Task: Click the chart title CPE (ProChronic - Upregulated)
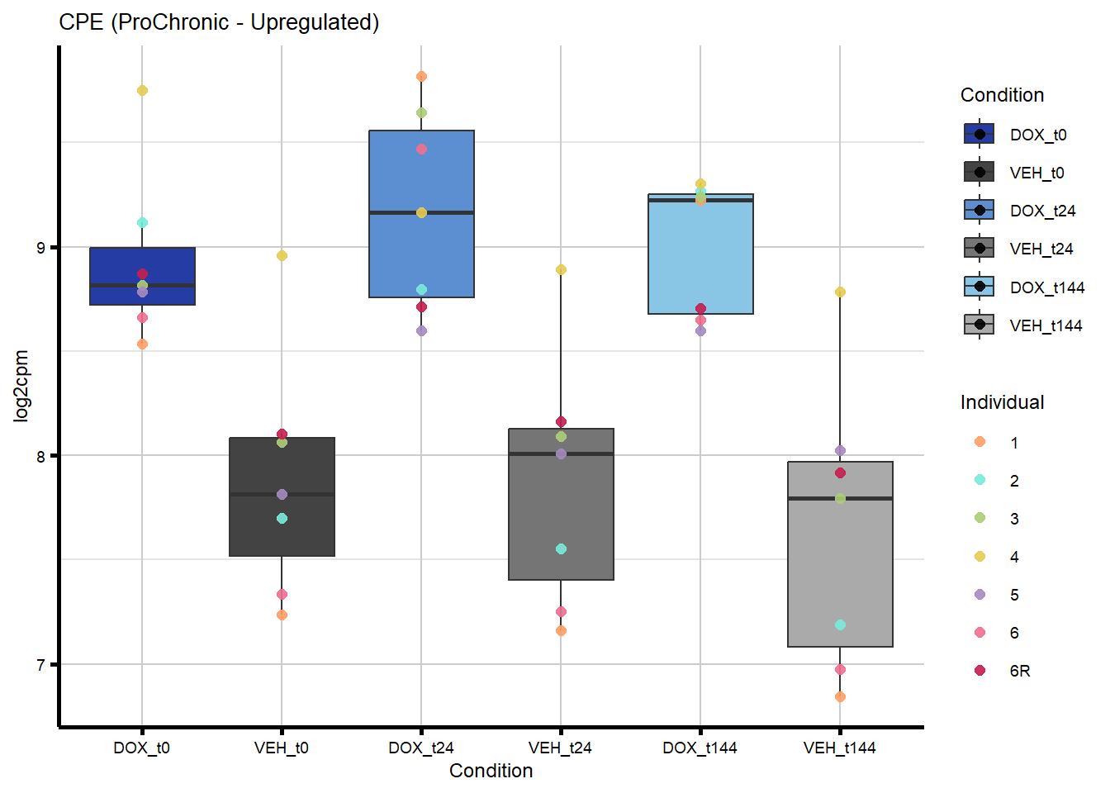tap(219, 22)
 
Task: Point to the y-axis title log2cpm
tap(21, 386)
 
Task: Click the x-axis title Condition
tap(491, 771)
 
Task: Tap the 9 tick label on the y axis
tap(42, 248)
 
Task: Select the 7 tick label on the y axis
tap(42, 665)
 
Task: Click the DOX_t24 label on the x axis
tap(421, 748)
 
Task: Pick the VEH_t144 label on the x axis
tap(839, 748)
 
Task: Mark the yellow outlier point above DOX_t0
tap(142, 90)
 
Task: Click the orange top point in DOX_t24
tap(421, 77)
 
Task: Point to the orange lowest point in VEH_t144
tap(840, 697)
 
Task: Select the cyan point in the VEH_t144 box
tap(840, 625)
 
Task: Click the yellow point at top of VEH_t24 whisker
tap(561, 269)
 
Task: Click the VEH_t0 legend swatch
tap(980, 173)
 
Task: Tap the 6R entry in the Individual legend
tap(1019, 671)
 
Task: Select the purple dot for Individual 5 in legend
tap(980, 595)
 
